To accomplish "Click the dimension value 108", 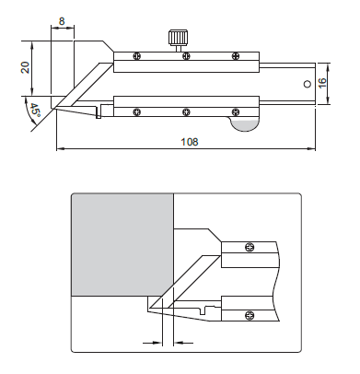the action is click(x=190, y=142).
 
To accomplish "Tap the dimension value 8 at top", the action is click(x=62, y=21).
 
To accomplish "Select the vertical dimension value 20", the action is click(x=25, y=67).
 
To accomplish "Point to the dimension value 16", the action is click(x=322, y=83).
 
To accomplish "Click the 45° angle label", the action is click(x=35, y=111).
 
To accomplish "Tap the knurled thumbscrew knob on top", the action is click(x=178, y=37).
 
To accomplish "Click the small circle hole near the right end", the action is click(x=307, y=84).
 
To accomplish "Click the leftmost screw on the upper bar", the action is click(x=137, y=56).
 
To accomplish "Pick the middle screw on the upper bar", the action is click(x=186, y=56).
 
